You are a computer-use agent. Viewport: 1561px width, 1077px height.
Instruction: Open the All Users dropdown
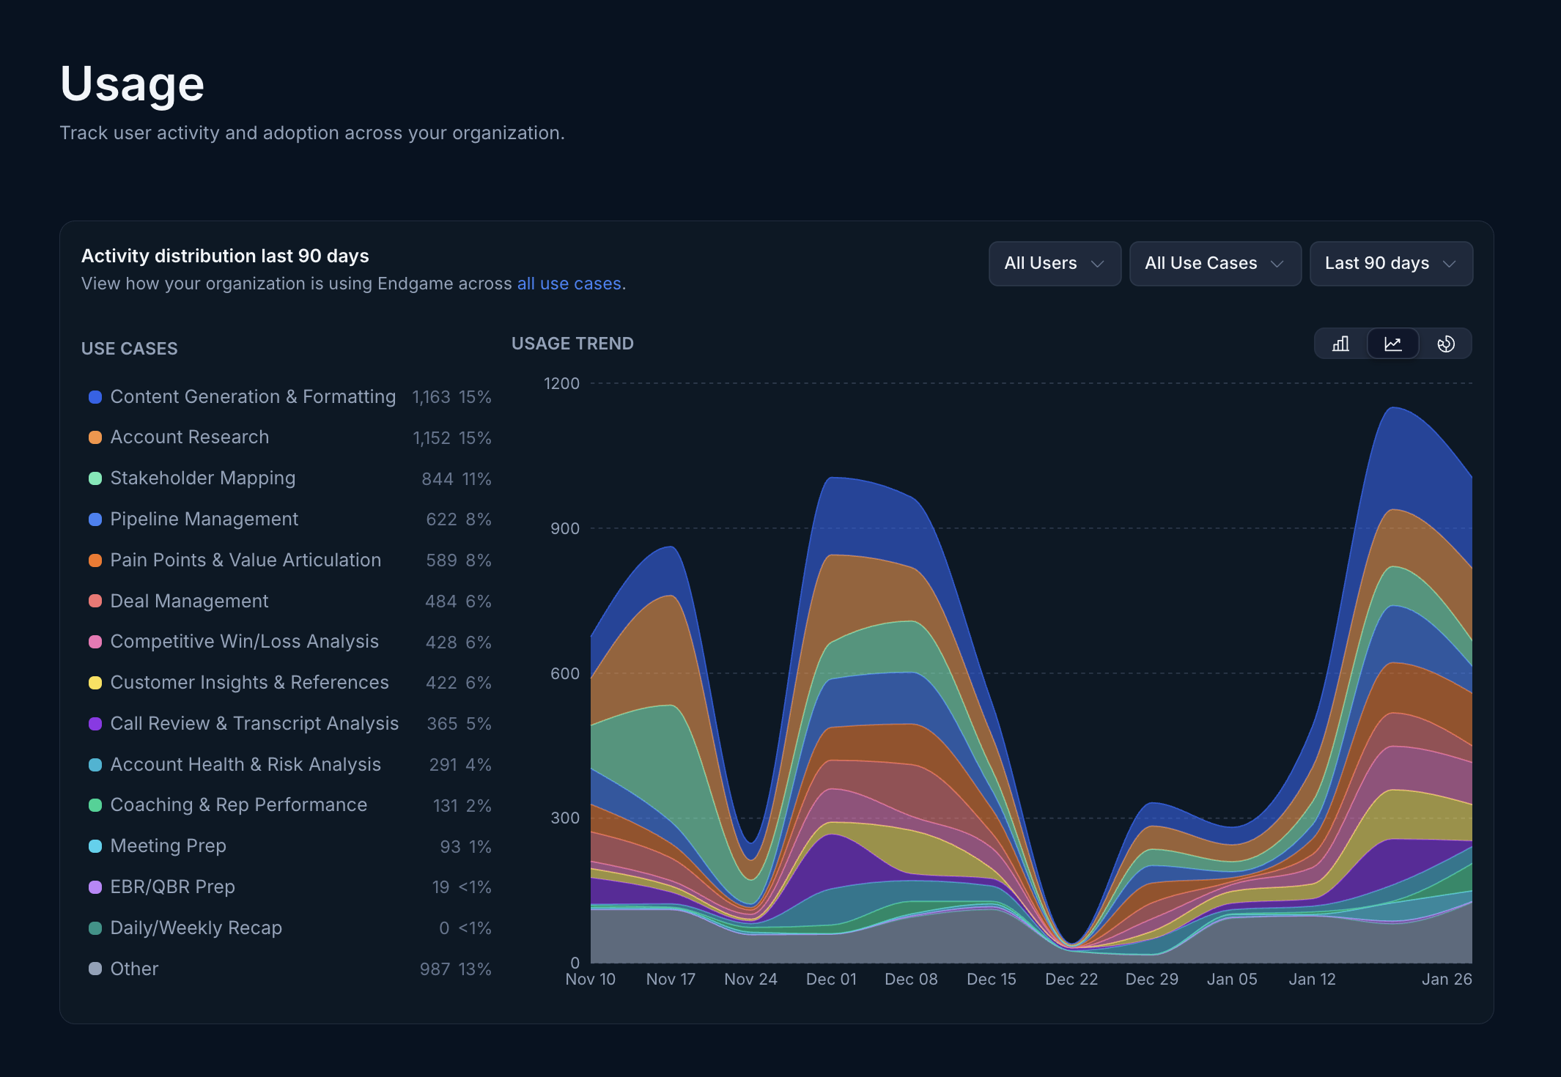coord(1054,264)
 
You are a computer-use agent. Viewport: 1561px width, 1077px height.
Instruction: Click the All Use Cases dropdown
coord(1214,264)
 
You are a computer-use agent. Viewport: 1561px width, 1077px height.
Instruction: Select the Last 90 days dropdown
coord(1390,264)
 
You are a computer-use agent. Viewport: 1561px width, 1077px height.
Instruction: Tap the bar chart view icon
coord(1340,344)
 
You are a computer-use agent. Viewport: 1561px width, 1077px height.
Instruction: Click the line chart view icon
coord(1392,344)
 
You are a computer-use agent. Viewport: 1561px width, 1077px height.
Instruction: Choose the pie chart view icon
coord(1445,344)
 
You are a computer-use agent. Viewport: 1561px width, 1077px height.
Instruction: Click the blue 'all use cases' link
coord(569,284)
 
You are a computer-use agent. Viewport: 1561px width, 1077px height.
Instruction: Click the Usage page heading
coord(132,84)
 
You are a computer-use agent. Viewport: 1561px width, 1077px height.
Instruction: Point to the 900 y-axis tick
coord(564,528)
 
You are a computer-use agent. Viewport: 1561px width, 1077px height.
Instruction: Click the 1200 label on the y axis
coord(561,383)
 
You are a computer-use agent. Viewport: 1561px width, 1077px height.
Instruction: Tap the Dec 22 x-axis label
coord(1071,979)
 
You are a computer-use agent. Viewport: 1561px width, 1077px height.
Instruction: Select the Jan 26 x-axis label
coord(1446,979)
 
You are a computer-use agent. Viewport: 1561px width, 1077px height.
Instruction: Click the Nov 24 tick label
coord(750,979)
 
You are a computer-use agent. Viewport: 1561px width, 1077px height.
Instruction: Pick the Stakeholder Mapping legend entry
coord(202,478)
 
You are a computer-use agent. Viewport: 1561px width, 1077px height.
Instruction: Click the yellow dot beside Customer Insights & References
coord(95,683)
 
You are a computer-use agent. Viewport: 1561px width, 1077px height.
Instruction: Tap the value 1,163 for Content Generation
coord(431,397)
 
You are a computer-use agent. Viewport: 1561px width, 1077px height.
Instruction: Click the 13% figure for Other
coord(475,969)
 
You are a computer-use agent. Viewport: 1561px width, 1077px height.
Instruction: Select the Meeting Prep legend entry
coord(168,846)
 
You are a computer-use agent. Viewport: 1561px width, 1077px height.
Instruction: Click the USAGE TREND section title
coord(572,344)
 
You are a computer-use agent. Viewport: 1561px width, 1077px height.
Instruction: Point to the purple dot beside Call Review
coord(95,724)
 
